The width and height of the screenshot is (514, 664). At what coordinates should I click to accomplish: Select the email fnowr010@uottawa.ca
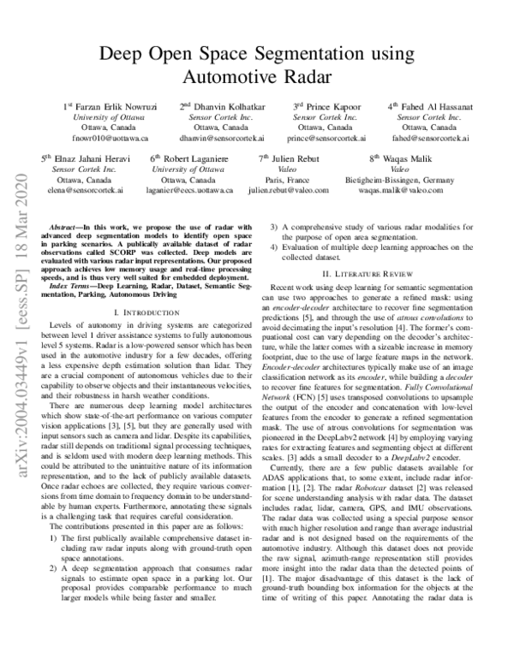pyautogui.click(x=106, y=137)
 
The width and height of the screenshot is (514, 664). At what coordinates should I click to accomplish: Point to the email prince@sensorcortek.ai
pyautogui.click(x=323, y=137)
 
